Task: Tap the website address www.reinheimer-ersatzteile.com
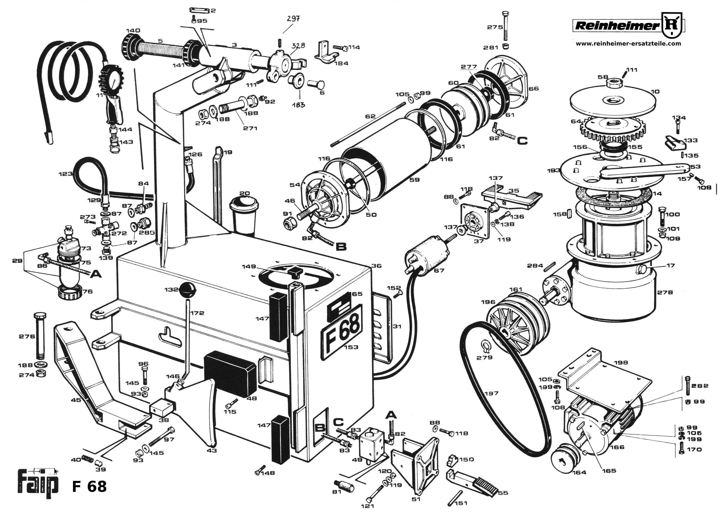point(628,44)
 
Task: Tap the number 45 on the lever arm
point(76,400)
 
